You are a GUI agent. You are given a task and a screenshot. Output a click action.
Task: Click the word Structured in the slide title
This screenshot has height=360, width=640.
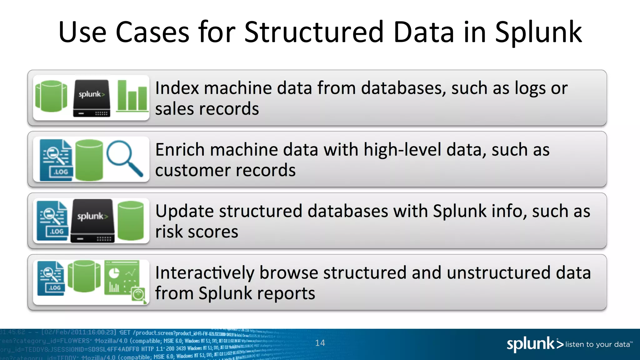point(314,32)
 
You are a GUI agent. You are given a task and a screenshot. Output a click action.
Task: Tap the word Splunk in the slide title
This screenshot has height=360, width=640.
point(538,32)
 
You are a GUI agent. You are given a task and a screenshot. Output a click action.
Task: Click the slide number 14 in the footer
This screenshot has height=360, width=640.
point(320,343)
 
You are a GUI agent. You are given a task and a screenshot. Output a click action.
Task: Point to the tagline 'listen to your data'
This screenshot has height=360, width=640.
point(599,344)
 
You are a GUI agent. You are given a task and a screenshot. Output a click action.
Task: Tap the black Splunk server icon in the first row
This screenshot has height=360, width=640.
point(92,98)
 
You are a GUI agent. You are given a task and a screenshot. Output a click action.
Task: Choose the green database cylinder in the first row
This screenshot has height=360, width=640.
point(51,96)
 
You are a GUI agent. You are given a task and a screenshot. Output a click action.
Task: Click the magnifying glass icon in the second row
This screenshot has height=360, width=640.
point(124,158)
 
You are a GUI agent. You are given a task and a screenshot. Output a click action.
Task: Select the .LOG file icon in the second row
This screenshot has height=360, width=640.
point(57,160)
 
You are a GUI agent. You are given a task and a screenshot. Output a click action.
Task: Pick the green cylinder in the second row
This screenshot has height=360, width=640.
point(89,160)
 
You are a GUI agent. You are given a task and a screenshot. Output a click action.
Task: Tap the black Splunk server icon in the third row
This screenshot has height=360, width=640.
point(92,221)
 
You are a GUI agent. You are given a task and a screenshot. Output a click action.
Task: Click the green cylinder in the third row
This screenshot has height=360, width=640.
point(131,221)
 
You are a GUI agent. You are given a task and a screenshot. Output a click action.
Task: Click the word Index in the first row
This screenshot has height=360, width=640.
point(177,88)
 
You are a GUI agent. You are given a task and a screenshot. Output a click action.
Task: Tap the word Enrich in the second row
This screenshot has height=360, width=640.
point(180,150)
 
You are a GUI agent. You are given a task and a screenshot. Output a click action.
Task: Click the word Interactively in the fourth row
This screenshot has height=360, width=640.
point(205,273)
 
